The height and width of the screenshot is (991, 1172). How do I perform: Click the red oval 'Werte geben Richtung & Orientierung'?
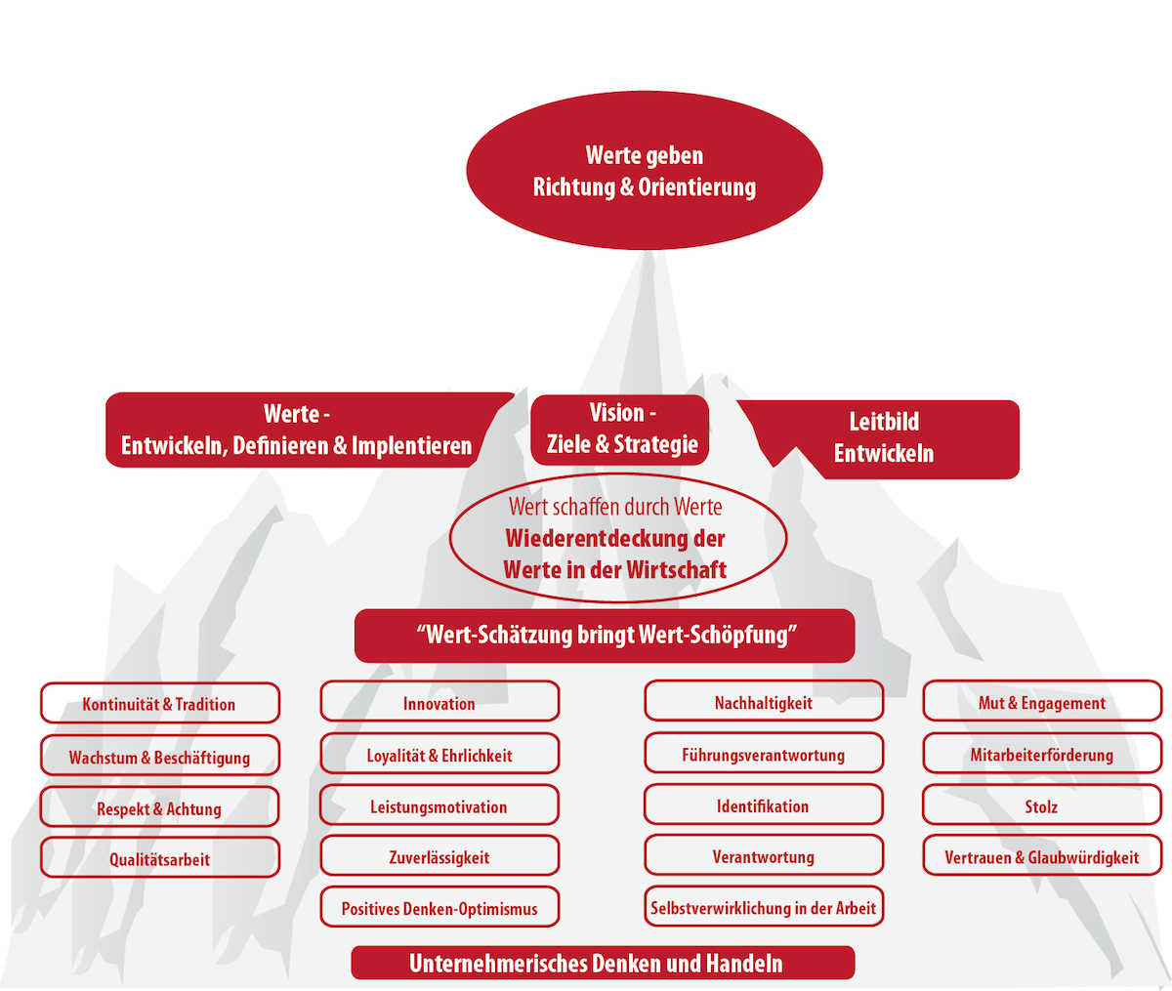tap(645, 170)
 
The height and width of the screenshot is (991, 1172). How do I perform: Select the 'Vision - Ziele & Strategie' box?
tap(620, 430)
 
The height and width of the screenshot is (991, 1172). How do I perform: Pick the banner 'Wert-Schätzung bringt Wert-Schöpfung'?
tap(605, 636)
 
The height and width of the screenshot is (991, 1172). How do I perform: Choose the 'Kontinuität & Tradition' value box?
tap(160, 703)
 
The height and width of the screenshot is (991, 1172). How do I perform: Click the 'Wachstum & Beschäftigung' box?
tap(160, 755)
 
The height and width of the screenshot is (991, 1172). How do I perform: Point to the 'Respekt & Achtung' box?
tap(159, 806)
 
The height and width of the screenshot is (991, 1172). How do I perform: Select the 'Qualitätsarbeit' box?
tap(160, 857)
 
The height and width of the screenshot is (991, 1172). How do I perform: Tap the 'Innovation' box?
tap(439, 701)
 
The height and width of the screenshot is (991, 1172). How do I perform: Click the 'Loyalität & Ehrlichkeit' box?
tap(439, 754)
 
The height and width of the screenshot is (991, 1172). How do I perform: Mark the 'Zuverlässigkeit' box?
tap(439, 855)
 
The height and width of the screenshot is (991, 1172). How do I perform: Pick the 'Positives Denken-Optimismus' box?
tap(439, 907)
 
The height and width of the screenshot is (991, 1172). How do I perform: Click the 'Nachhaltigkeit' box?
tap(764, 701)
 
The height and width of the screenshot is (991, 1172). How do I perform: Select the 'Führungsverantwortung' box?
tap(764, 753)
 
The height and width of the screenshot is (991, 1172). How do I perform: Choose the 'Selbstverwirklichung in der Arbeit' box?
tap(764, 906)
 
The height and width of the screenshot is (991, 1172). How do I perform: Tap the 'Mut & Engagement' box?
tap(1042, 701)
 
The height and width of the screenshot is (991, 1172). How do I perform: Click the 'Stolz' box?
tap(1042, 805)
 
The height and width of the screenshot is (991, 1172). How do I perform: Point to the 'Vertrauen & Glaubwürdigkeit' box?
tap(1042, 855)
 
